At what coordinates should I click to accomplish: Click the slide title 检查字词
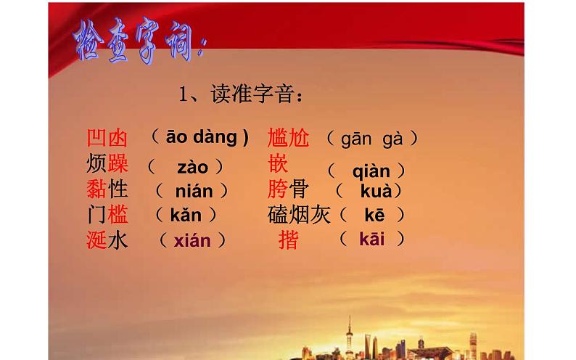[x=139, y=46]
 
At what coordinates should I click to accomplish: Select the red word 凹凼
[x=107, y=138]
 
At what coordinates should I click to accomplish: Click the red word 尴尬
[x=288, y=137]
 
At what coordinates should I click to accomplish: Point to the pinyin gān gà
[x=372, y=139]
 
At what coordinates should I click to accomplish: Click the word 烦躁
[x=107, y=163]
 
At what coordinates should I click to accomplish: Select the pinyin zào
[x=192, y=168]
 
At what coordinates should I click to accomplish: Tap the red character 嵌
[x=278, y=163]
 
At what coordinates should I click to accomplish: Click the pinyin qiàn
[x=371, y=172]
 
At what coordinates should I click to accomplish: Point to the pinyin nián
[x=194, y=192]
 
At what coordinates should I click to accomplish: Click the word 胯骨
[x=288, y=189]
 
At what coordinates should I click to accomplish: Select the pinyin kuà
[x=376, y=192]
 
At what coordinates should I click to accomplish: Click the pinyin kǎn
[x=185, y=215]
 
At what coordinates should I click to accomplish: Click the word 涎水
[x=107, y=240]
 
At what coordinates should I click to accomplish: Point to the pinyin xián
[x=192, y=241]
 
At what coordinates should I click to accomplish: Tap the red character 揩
[x=288, y=240]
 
